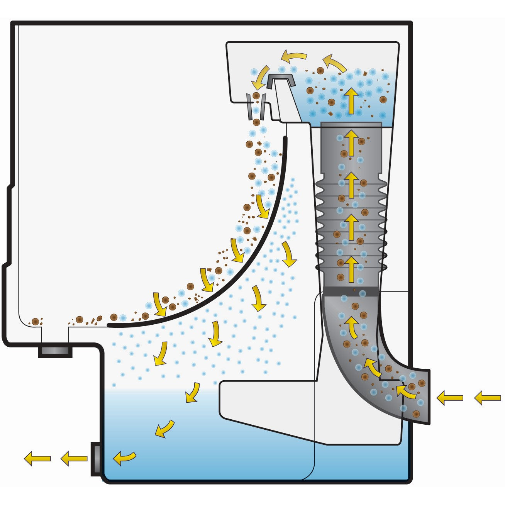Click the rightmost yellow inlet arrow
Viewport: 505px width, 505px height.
[x=487, y=398]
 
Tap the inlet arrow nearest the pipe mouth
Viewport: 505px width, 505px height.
[x=450, y=398]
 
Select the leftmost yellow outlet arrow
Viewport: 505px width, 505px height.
[x=37, y=459]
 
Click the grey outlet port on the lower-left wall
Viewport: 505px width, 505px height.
[x=95, y=459]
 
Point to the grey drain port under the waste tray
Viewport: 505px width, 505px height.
[x=55, y=352]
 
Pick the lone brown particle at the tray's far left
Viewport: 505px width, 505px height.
[x=36, y=321]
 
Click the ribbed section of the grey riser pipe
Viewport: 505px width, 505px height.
[x=351, y=224]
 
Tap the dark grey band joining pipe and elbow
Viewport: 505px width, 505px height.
[x=351, y=291]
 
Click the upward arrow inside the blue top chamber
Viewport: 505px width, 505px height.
[x=351, y=101]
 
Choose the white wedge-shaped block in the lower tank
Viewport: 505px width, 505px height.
[x=266, y=409]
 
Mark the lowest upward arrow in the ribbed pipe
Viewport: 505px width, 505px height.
[x=351, y=269]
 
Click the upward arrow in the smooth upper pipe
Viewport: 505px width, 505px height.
[x=351, y=142]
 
